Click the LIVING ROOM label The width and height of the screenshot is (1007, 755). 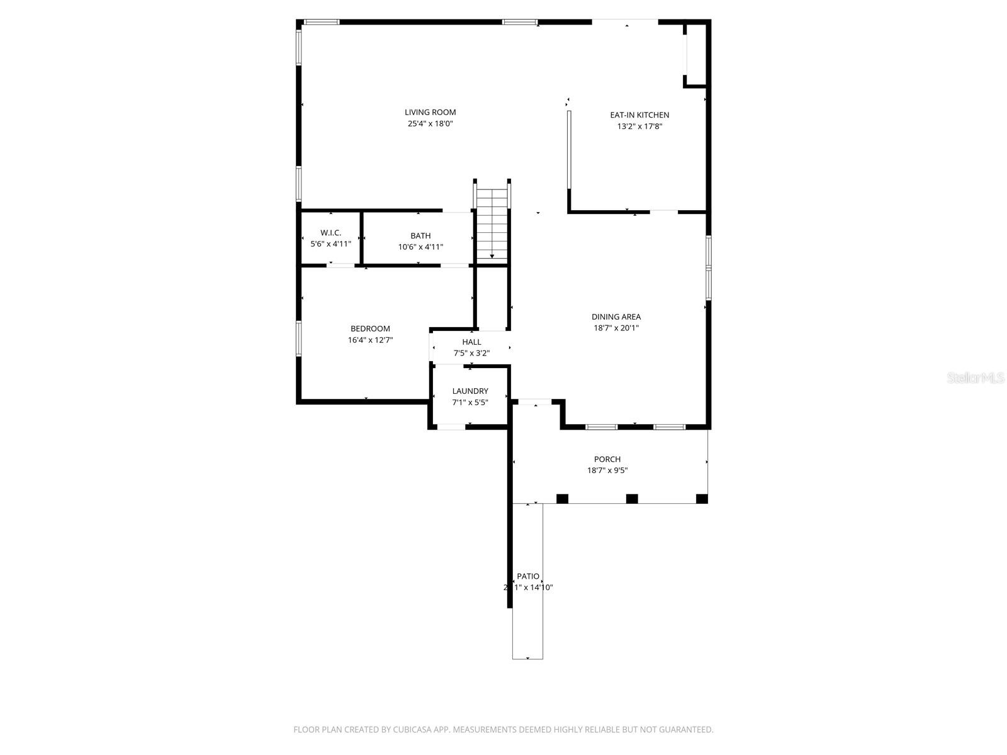click(x=430, y=113)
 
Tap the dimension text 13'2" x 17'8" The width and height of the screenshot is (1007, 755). click(x=639, y=126)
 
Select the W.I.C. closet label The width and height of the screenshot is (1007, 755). click(x=330, y=233)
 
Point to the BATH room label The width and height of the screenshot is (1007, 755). click(x=420, y=236)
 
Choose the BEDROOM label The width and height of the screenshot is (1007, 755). click(x=370, y=328)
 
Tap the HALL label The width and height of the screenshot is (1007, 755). click(x=471, y=342)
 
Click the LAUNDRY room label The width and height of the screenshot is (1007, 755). click(x=470, y=391)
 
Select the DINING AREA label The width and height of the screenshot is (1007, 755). click(x=616, y=317)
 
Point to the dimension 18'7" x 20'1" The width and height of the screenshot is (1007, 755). click(x=616, y=328)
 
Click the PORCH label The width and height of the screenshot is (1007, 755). click(x=607, y=459)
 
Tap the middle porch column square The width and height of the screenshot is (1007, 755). click(x=632, y=499)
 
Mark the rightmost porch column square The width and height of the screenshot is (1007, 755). click(x=702, y=499)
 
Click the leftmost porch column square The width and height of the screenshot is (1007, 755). click(x=562, y=499)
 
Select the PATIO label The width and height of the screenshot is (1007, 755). click(x=528, y=576)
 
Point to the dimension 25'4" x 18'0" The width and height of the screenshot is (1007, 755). click(x=430, y=124)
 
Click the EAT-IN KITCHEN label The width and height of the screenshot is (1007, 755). click(x=639, y=115)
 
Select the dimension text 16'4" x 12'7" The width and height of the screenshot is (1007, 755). click(x=370, y=340)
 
